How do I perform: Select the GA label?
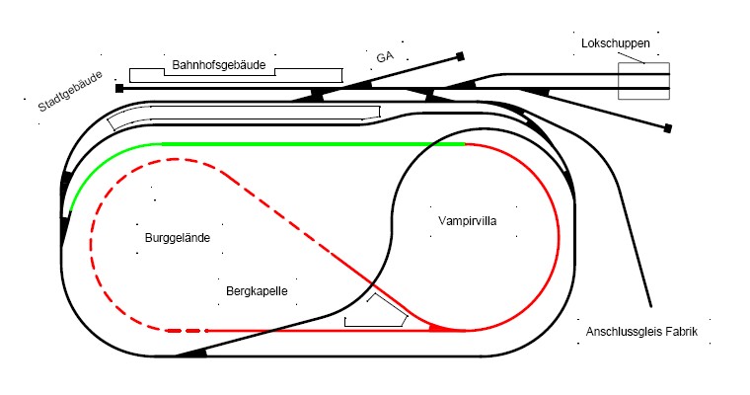point(385,57)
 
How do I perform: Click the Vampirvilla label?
point(467,220)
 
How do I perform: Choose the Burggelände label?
point(178,238)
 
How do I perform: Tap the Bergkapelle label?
point(257,291)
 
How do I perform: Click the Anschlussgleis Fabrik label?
point(641,332)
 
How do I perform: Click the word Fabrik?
point(681,332)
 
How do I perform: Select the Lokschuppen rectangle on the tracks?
point(643,81)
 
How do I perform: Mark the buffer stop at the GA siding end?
point(460,56)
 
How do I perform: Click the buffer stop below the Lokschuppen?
point(668,128)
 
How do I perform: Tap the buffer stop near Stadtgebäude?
point(119,88)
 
